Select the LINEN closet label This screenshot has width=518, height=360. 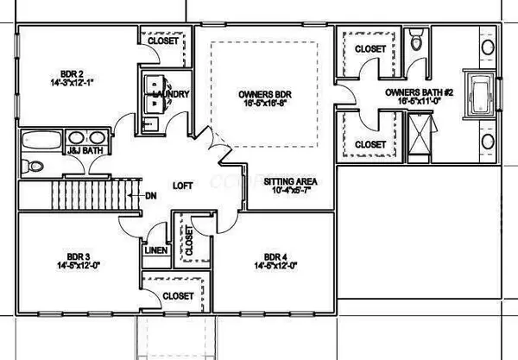155,250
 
